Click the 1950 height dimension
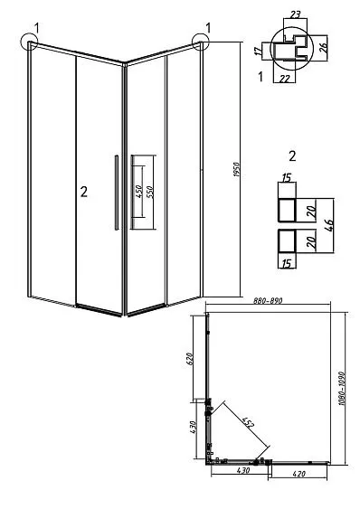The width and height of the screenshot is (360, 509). click(x=237, y=169)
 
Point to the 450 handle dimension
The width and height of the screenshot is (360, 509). click(x=138, y=192)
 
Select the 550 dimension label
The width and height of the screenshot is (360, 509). click(x=150, y=193)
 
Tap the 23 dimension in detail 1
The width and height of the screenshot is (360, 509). click(x=295, y=14)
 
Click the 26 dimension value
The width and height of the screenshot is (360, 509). click(x=324, y=48)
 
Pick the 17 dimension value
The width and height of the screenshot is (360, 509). click(x=259, y=52)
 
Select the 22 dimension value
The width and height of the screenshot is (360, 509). click(x=285, y=79)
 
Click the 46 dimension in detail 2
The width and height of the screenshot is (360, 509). click(x=328, y=226)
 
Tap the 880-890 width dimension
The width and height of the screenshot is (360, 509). click(x=268, y=300)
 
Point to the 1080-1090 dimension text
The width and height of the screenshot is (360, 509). click(x=341, y=388)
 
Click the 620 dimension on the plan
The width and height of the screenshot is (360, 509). click(x=191, y=359)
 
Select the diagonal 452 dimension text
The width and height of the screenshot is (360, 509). click(x=248, y=422)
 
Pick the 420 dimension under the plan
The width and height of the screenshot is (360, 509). click(x=298, y=475)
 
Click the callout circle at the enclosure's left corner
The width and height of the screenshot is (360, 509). click(x=29, y=42)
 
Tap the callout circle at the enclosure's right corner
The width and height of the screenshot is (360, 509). click(x=201, y=42)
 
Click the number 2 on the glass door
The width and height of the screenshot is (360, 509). click(x=84, y=192)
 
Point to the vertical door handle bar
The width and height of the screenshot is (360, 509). click(x=116, y=193)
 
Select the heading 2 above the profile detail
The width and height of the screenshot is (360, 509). click(x=292, y=156)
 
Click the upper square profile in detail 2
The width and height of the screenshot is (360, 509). click(x=287, y=211)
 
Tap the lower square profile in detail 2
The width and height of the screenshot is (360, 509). click(x=287, y=241)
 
